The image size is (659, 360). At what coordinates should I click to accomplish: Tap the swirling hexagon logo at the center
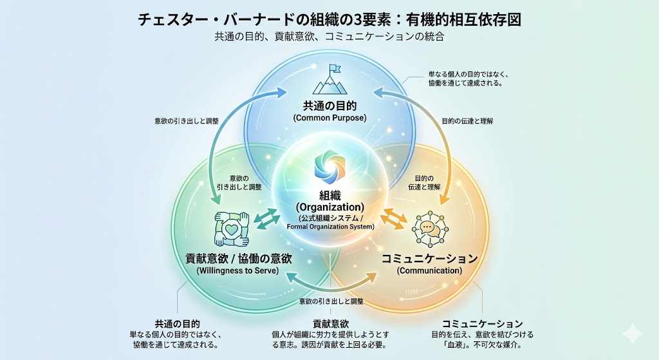coord(329,166)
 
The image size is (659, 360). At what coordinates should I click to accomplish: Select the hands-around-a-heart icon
coord(230,228)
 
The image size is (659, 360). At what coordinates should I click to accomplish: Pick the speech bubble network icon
coord(429,228)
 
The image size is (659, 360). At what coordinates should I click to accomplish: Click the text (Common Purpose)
coord(329,118)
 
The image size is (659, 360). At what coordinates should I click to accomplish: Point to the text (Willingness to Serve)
coord(238,270)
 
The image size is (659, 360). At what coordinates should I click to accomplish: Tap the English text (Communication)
coord(429,270)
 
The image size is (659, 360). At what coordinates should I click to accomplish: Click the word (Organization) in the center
coord(329,207)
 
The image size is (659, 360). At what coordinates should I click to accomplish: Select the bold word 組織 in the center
coord(329,194)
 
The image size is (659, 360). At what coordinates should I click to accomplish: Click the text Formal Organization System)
coord(329,226)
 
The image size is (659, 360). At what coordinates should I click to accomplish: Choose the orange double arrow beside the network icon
coord(393,219)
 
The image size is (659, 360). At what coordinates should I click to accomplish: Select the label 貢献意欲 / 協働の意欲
coord(238,258)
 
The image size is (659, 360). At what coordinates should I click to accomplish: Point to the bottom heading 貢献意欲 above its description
coord(330,323)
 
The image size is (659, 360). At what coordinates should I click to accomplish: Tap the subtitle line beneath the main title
coord(329,37)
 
